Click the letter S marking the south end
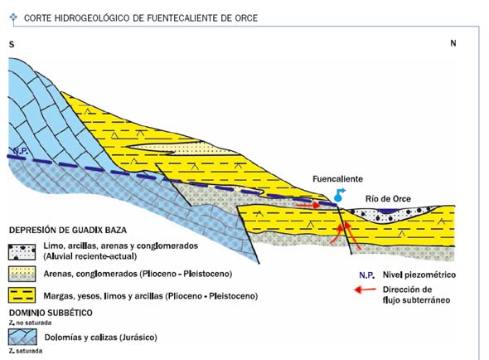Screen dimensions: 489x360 pos(12,44)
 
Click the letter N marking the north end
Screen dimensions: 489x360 pos(453,43)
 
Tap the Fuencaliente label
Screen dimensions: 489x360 pos(338,179)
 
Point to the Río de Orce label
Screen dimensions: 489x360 pos(388,198)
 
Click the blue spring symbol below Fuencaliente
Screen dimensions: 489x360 pos(339,195)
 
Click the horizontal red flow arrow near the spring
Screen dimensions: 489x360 pos(308,205)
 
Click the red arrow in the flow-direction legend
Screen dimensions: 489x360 pos(365,289)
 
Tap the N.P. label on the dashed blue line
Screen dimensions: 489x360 pos(21,151)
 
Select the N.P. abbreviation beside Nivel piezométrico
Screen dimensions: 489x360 pos(366,275)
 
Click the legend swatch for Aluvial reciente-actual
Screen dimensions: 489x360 pos(22,252)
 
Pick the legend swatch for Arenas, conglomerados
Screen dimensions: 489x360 pos(22,274)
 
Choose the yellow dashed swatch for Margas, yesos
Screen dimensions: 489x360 pos(22,295)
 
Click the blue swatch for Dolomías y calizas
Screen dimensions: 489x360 pos(22,337)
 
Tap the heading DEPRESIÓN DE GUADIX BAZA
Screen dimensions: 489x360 pos(68,231)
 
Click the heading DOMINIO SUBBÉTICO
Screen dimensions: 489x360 pos(51,313)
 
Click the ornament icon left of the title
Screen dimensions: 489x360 pos(13,17)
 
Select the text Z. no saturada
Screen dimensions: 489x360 pos(30,323)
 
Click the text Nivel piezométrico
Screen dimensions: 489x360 pos(419,275)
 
